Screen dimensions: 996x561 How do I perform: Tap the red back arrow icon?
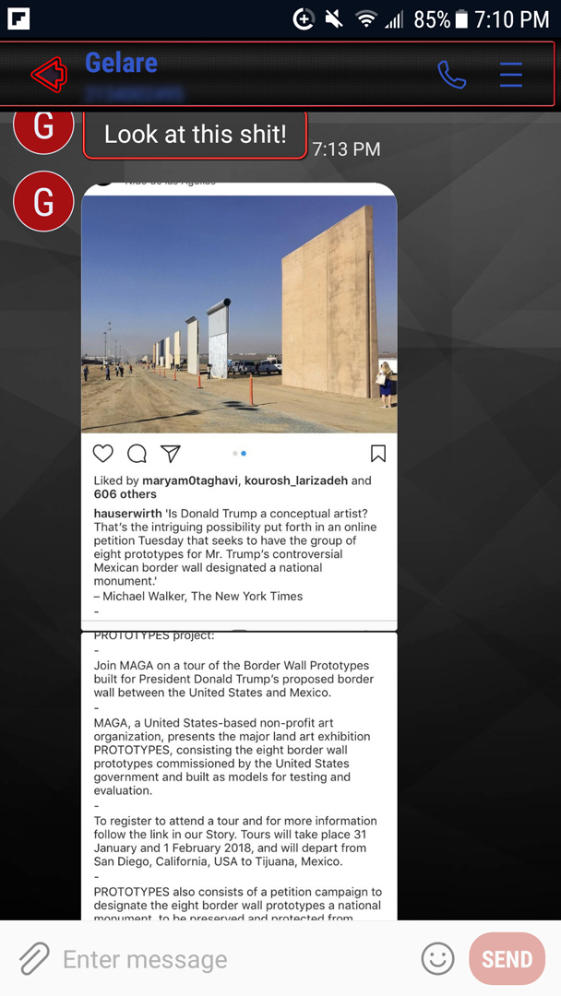click(49, 74)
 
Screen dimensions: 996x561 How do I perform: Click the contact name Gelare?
click(121, 63)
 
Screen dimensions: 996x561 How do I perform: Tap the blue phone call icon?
click(451, 75)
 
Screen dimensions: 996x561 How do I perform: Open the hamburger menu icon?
click(510, 75)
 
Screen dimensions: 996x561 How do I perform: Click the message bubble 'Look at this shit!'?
click(195, 135)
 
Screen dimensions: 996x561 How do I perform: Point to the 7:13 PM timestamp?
click(346, 148)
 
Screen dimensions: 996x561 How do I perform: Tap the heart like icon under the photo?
click(103, 453)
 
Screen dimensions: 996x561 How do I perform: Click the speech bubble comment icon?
click(137, 453)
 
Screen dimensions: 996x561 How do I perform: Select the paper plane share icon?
click(170, 453)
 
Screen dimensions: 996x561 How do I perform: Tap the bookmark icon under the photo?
click(377, 453)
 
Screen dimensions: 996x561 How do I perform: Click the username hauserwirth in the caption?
click(127, 513)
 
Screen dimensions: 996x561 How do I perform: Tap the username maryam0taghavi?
click(190, 480)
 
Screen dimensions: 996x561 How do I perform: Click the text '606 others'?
click(125, 494)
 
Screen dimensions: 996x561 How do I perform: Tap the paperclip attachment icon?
click(34, 959)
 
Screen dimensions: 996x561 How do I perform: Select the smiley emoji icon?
click(437, 959)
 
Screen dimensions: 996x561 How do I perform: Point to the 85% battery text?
click(431, 18)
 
